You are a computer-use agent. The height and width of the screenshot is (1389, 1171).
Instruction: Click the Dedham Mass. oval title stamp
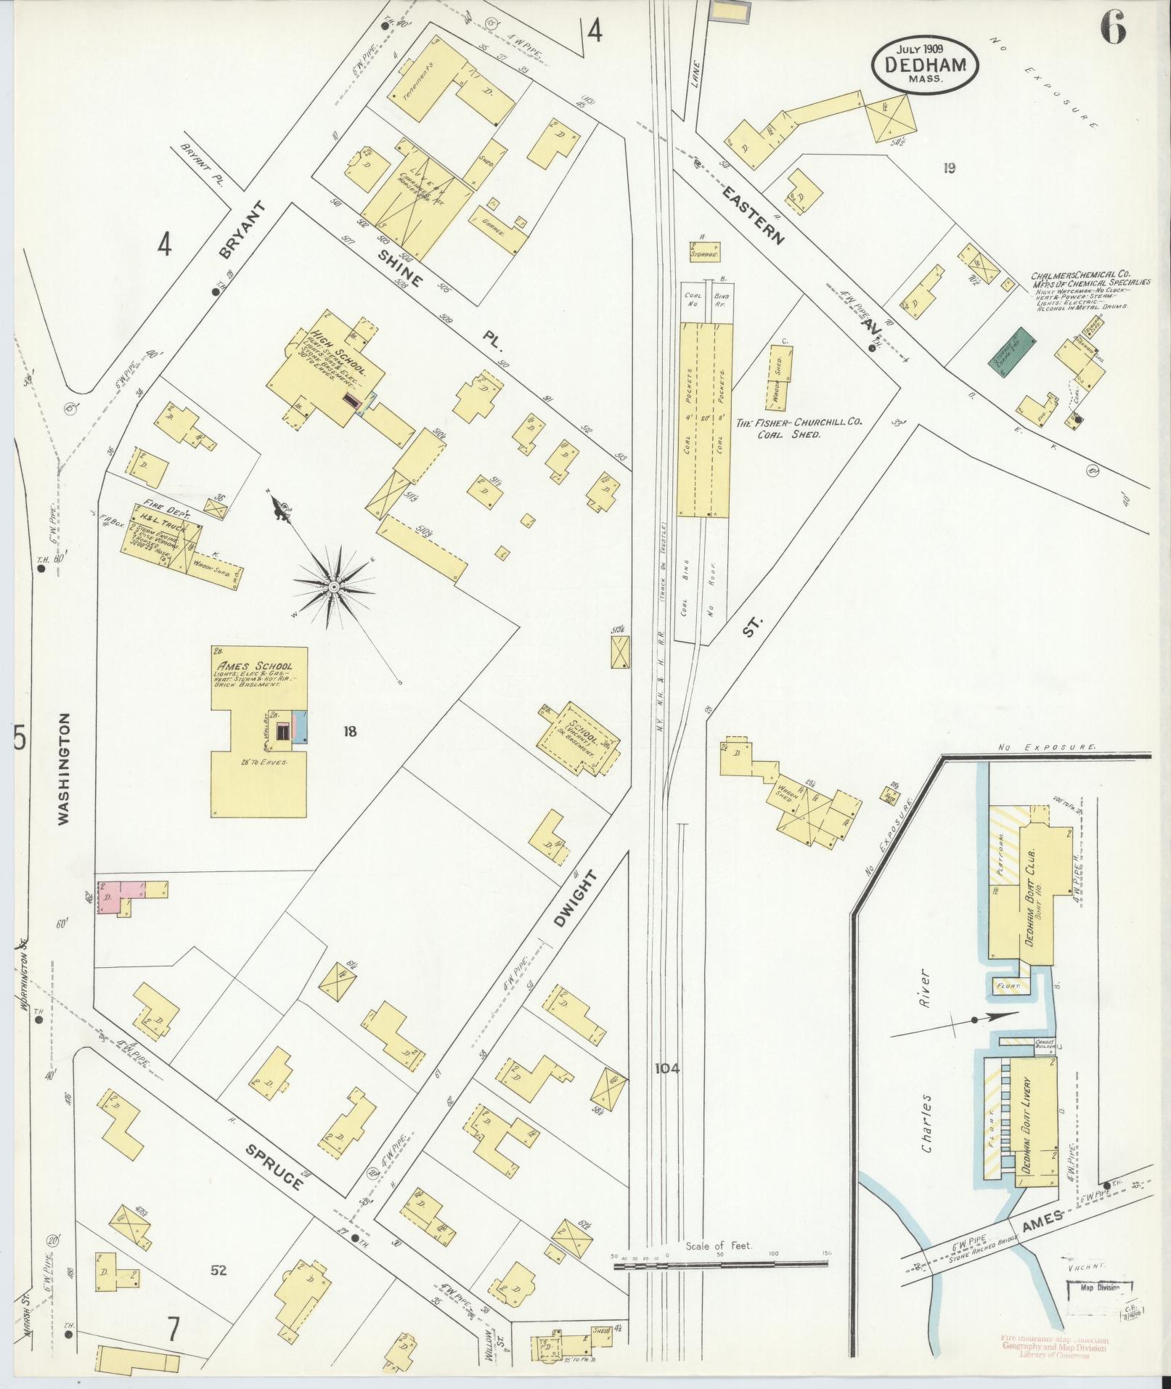click(925, 64)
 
